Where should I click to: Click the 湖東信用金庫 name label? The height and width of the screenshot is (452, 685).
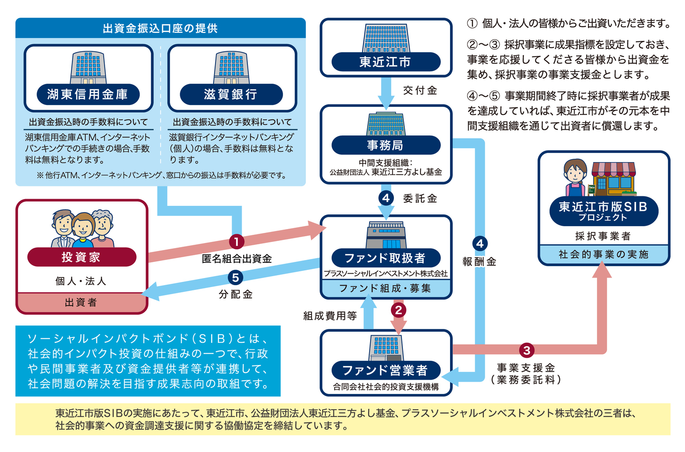point(88,94)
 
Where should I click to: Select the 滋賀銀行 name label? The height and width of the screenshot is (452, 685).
point(231,94)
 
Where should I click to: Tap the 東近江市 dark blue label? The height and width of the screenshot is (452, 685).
point(386,62)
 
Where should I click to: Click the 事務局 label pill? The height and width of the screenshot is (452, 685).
point(386,145)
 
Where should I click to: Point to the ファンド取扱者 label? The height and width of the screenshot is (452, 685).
point(386,258)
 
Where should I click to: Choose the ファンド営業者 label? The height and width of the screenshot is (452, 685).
point(386,370)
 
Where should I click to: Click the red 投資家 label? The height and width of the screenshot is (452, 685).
point(82,257)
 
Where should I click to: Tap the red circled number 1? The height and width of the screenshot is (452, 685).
point(236,242)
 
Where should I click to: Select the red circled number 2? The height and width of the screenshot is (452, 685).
point(399,310)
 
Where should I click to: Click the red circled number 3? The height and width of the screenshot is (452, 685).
point(527,350)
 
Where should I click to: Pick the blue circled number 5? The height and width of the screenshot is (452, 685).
point(235,278)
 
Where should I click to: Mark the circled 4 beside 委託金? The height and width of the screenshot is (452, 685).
point(386,198)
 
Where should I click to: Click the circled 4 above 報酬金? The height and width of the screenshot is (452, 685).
point(480,243)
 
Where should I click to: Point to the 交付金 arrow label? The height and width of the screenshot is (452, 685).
point(420,90)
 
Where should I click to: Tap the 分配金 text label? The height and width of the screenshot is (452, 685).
point(235,294)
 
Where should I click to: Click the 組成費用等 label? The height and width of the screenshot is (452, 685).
point(330,316)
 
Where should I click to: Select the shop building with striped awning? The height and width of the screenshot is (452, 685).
point(613,179)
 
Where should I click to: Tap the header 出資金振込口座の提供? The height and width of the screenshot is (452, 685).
point(160,29)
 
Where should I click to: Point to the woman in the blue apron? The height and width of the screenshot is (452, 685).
point(576,178)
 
